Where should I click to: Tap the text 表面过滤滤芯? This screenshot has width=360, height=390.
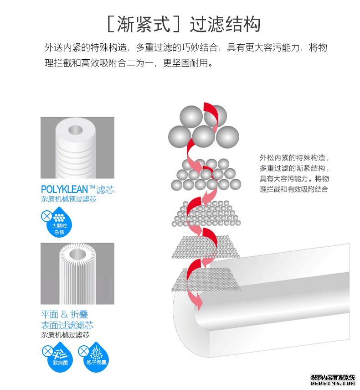pos(67,325)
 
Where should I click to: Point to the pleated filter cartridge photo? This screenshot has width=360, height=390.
pos(77,274)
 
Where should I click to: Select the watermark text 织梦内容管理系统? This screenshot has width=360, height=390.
pos(333,378)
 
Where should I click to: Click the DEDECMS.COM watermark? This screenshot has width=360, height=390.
pos(333,385)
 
